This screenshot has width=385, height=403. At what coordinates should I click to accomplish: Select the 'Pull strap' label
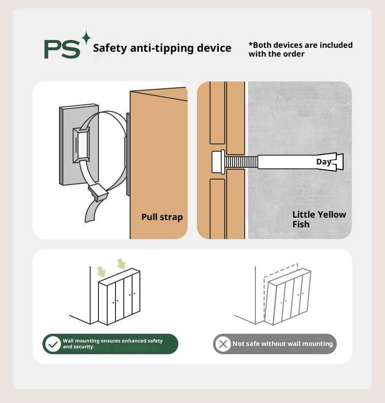click(x=162, y=217)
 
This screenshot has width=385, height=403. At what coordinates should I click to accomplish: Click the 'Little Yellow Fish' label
click(x=319, y=219)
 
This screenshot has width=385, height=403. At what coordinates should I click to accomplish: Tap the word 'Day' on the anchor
click(x=324, y=161)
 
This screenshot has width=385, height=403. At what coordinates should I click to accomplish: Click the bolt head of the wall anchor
click(x=218, y=161)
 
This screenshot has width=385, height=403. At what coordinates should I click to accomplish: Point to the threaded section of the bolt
click(x=241, y=161)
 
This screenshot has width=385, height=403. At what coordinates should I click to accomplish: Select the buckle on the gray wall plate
click(x=81, y=145)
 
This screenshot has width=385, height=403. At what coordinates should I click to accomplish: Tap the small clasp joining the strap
click(x=97, y=192)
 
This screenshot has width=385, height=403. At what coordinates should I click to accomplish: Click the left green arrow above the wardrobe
click(x=101, y=272)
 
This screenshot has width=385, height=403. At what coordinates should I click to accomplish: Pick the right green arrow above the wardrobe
click(x=121, y=264)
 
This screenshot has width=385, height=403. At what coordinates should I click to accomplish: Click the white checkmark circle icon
click(x=53, y=344)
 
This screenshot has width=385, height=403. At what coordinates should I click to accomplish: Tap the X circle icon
click(x=223, y=344)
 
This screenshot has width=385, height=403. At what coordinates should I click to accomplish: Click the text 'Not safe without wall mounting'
click(x=283, y=343)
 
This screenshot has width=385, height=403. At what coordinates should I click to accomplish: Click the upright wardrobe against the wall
click(x=119, y=297)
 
